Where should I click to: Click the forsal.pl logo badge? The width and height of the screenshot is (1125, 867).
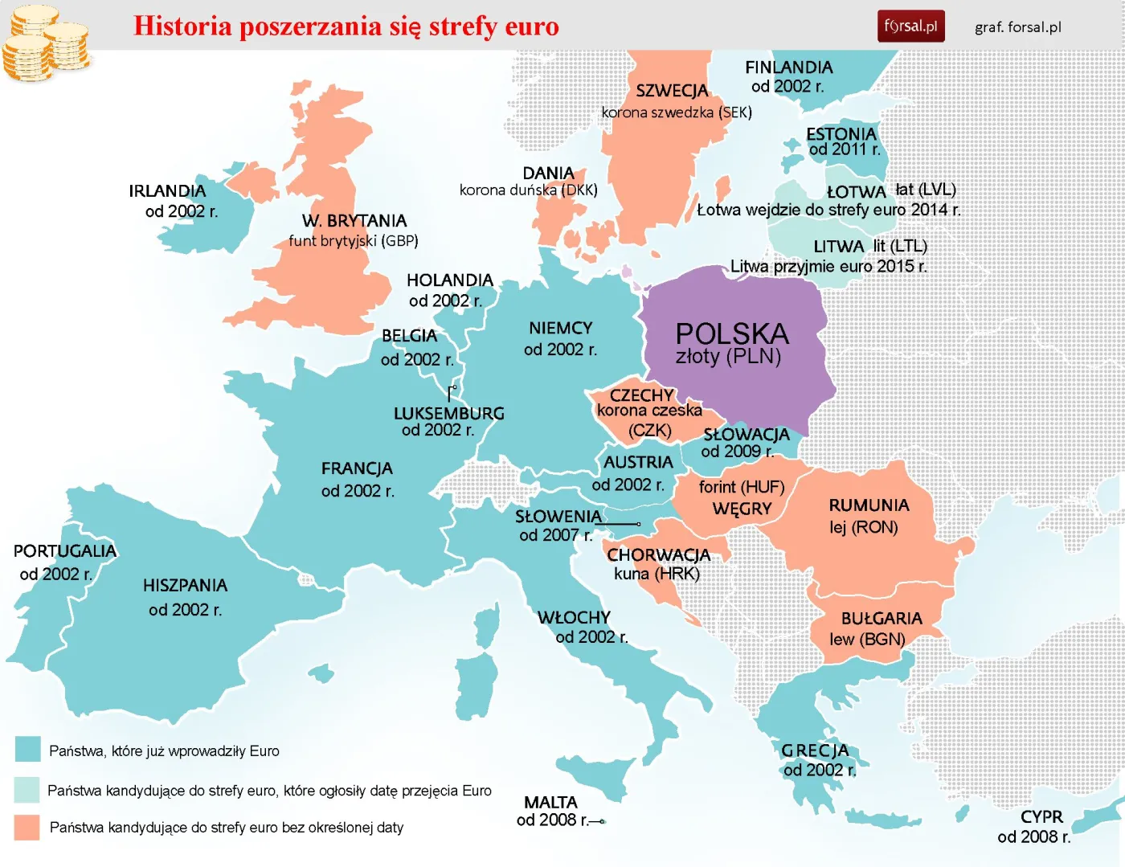coord(910,26)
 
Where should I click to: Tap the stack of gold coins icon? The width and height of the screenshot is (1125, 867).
coord(46,44)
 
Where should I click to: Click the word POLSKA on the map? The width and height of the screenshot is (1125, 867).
coord(731,333)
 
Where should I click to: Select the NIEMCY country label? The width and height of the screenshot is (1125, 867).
coord(560,328)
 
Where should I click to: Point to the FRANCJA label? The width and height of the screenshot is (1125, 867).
coord(357,468)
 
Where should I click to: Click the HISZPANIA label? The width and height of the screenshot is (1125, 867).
coord(185,586)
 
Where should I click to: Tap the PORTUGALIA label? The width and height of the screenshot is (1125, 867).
coord(64,551)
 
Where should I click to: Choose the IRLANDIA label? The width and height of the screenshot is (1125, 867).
coord(167,191)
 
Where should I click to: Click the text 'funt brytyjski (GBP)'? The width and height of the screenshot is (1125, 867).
coord(354,241)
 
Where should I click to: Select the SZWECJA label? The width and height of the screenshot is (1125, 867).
coord(672,91)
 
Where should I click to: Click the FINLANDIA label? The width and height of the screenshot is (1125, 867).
coord(788,67)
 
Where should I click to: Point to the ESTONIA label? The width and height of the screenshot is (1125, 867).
coord(841,133)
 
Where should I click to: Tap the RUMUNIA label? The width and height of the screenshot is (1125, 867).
coord(869,505)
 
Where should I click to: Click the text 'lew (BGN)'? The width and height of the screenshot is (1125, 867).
coord(867,640)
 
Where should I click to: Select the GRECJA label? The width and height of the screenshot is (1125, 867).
coord(815,750)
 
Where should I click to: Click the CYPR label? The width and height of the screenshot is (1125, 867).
coord(1041,817)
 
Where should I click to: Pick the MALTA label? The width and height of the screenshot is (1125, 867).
coord(550,803)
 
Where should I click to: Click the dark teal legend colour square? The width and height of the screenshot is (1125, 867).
coord(28,749)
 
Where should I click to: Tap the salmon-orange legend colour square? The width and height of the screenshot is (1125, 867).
coord(27,828)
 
